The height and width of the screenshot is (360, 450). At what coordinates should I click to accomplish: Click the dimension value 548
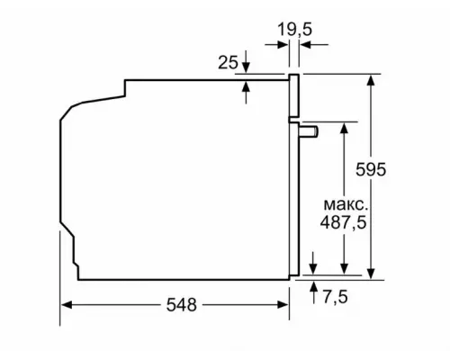click(181, 305)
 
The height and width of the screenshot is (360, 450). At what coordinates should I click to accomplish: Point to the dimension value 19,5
click(294, 30)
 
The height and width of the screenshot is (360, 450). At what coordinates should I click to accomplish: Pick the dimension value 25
click(229, 62)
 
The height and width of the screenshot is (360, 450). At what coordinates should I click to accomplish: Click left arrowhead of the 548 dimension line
click(67, 305)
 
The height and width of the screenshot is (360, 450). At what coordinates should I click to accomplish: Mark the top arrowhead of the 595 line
click(370, 80)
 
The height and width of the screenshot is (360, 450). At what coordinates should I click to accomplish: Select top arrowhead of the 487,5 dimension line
click(344, 128)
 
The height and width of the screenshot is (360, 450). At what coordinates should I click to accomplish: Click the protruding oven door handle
click(309, 131)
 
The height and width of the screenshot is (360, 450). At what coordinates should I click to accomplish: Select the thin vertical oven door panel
click(293, 180)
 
